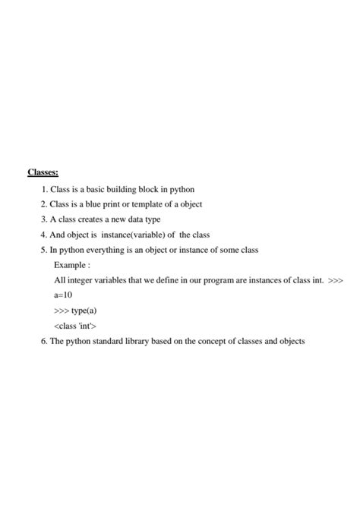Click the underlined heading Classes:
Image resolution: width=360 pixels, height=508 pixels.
pyautogui.click(x=43, y=172)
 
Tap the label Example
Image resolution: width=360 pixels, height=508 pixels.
pyautogui.click(x=71, y=265)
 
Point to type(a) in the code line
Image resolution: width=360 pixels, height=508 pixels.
pyautogui.click(x=84, y=311)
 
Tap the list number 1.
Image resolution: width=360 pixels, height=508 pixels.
pyautogui.click(x=45, y=189)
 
